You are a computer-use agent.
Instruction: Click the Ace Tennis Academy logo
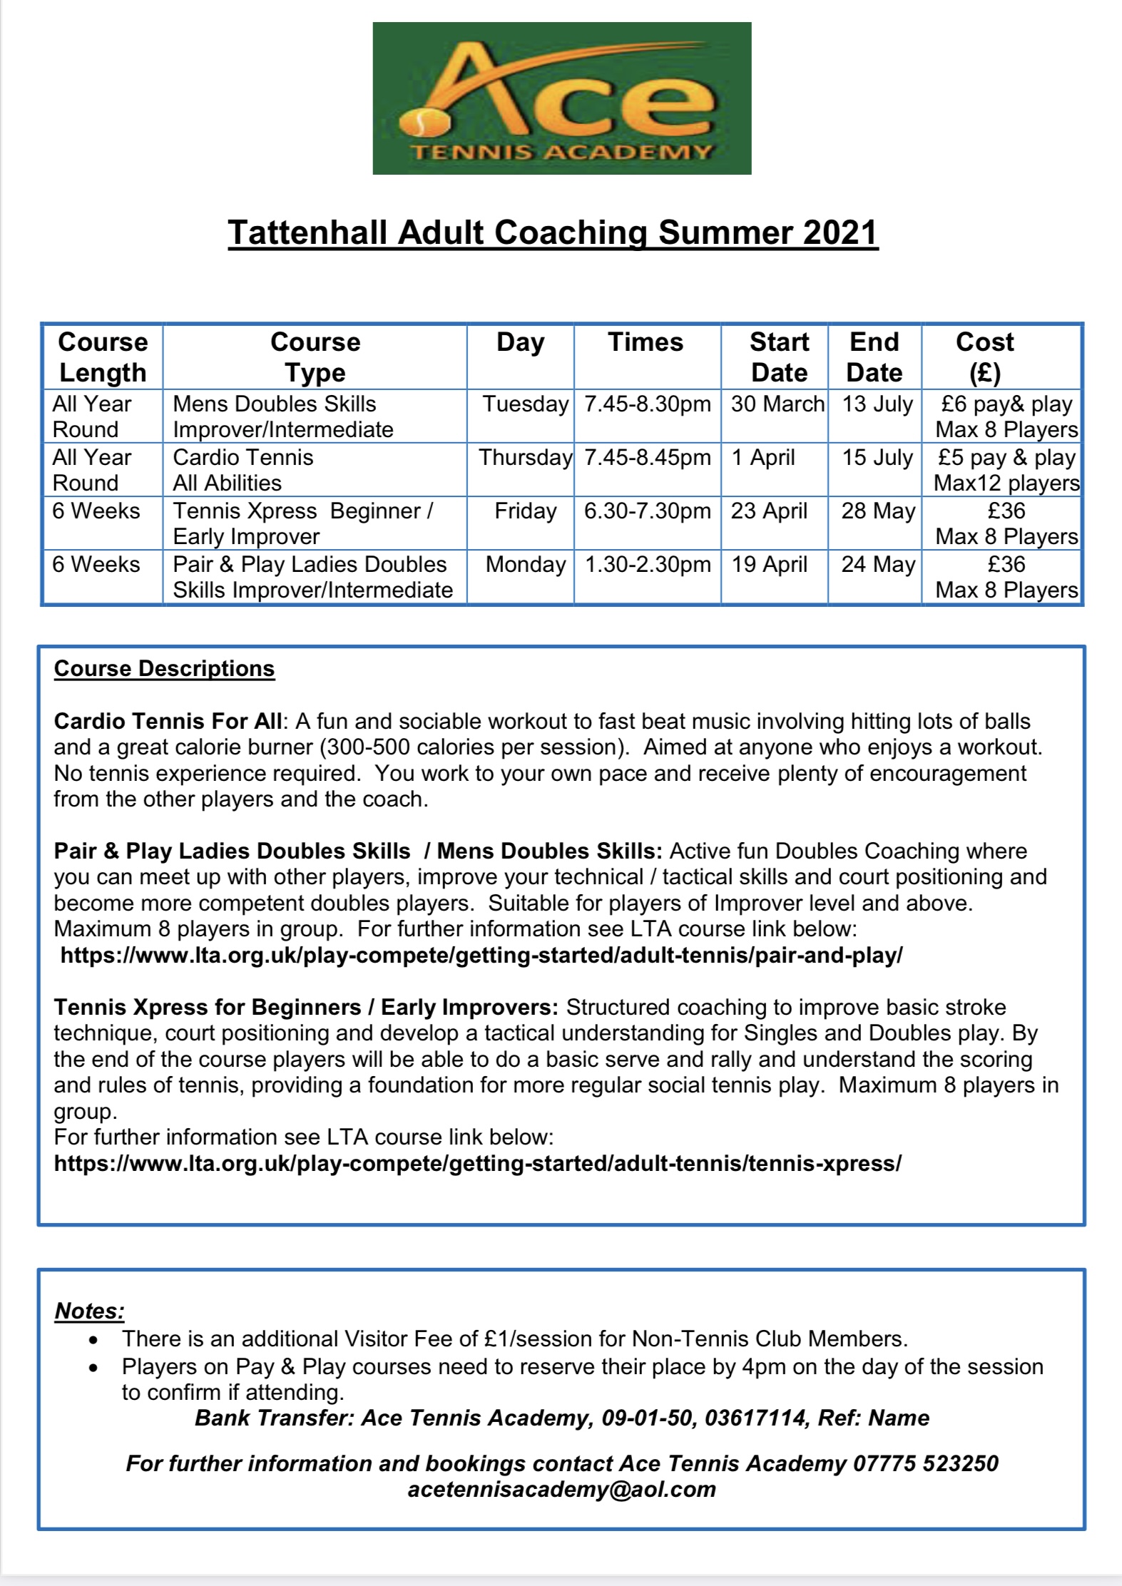click(561, 98)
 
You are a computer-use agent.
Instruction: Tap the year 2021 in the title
click(840, 233)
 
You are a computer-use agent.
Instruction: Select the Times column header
click(646, 342)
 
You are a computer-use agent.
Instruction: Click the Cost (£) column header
click(984, 357)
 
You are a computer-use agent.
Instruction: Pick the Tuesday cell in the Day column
click(526, 404)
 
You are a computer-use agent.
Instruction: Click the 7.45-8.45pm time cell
click(648, 458)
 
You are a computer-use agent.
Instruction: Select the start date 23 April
click(769, 511)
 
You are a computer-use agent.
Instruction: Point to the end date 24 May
click(878, 565)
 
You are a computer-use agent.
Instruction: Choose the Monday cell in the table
click(526, 565)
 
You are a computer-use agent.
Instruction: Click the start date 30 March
click(777, 404)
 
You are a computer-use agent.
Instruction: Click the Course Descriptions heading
click(164, 669)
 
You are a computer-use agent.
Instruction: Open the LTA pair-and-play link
click(481, 956)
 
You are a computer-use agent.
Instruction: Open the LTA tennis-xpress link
click(478, 1164)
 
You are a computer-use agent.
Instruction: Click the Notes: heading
click(90, 1311)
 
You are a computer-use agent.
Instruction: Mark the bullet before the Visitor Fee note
click(93, 1341)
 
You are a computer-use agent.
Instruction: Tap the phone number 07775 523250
click(926, 1464)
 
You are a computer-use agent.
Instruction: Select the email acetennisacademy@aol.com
click(561, 1490)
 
